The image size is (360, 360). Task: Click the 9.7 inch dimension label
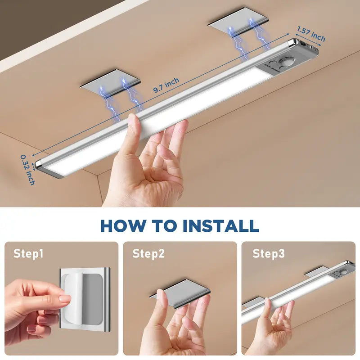click(166, 85)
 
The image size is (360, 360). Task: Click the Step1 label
click(28, 254)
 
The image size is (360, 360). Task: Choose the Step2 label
click(148, 254)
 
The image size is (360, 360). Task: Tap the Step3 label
click(268, 254)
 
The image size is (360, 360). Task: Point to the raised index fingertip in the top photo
click(133, 121)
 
